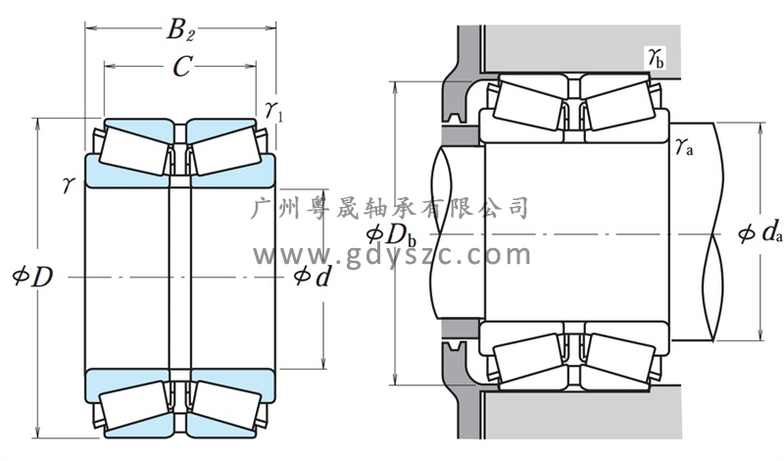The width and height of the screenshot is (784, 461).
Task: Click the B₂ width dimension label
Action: pos(180,30)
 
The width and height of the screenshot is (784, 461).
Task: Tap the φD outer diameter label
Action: pos(29,278)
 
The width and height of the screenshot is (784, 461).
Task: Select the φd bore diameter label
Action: pos(312,278)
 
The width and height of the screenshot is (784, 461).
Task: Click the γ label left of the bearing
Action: pos(68,183)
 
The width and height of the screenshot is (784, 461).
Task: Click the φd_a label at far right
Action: pos(760,235)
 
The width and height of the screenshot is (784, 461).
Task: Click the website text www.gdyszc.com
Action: pos(392,256)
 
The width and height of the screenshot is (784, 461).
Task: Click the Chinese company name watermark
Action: pos(392,208)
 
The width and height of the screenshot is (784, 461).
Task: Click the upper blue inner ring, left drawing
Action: pos(176,174)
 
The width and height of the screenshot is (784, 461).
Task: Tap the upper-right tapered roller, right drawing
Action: pos(617,102)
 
